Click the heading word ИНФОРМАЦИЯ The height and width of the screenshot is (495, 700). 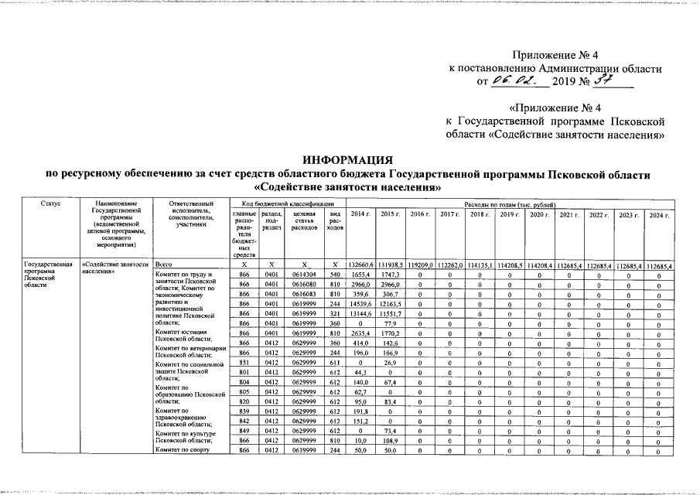point(349,159)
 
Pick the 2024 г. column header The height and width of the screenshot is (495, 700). point(658,214)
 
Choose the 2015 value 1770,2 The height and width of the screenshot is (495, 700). point(390,333)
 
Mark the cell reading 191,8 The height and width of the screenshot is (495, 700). point(360,411)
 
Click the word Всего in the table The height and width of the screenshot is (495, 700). point(163,265)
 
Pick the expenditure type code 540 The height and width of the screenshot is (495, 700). point(335,275)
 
